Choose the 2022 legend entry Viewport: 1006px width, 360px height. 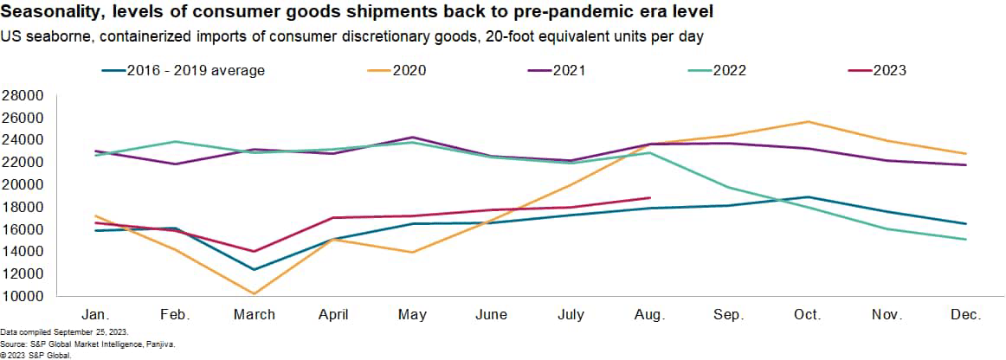pos(730,70)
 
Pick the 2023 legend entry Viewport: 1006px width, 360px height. pos(889,70)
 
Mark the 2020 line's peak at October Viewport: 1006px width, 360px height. pos(809,122)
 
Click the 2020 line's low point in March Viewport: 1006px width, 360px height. pos(254,293)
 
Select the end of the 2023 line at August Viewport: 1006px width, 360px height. pos(650,197)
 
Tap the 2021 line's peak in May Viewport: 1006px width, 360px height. pos(412,138)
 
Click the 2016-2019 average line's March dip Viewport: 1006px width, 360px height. pos(254,269)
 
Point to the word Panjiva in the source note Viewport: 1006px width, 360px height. pos(157,344)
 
